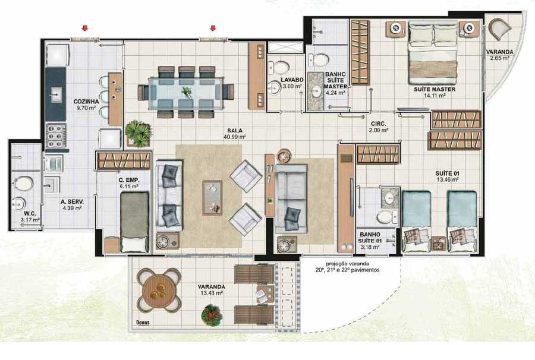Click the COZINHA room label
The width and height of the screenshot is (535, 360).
click(x=86, y=101)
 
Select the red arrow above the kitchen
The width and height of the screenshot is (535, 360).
click(x=85, y=28)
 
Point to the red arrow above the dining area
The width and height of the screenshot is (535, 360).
click(x=213, y=28)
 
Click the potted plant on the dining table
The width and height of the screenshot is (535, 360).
click(x=186, y=92)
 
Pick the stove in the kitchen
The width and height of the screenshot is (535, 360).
click(x=56, y=135)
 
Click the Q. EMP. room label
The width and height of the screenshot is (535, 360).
click(x=130, y=180)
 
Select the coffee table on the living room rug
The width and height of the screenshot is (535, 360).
click(x=212, y=198)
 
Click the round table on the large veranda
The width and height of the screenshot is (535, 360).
click(x=158, y=290)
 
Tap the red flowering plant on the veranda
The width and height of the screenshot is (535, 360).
click(x=212, y=315)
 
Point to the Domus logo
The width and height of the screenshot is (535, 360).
click(x=143, y=322)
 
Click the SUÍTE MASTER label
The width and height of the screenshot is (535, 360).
click(x=435, y=89)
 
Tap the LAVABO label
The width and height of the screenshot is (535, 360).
click(x=292, y=80)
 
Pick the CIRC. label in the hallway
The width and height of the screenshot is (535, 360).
click(x=379, y=124)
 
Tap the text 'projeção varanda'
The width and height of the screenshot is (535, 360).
click(x=347, y=264)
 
